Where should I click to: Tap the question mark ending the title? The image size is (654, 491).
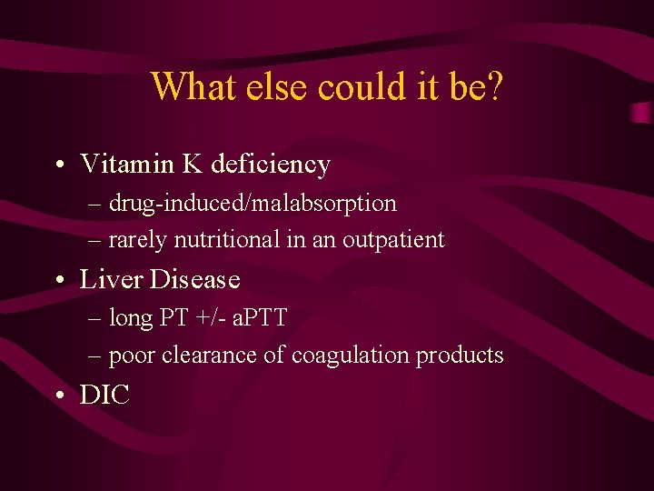[x=494, y=86]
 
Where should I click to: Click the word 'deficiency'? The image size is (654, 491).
[x=271, y=165]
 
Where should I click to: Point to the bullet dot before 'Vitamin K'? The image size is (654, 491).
[x=57, y=165]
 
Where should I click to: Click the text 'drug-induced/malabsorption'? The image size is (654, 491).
[x=253, y=203]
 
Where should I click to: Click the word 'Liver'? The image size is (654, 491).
[x=113, y=279]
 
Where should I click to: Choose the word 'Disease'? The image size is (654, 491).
[x=194, y=279]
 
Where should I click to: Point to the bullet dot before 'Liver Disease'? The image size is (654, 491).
[x=57, y=280]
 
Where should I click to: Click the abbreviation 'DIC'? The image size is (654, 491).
[x=105, y=395]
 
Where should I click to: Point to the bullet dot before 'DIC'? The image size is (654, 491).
[x=57, y=396]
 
